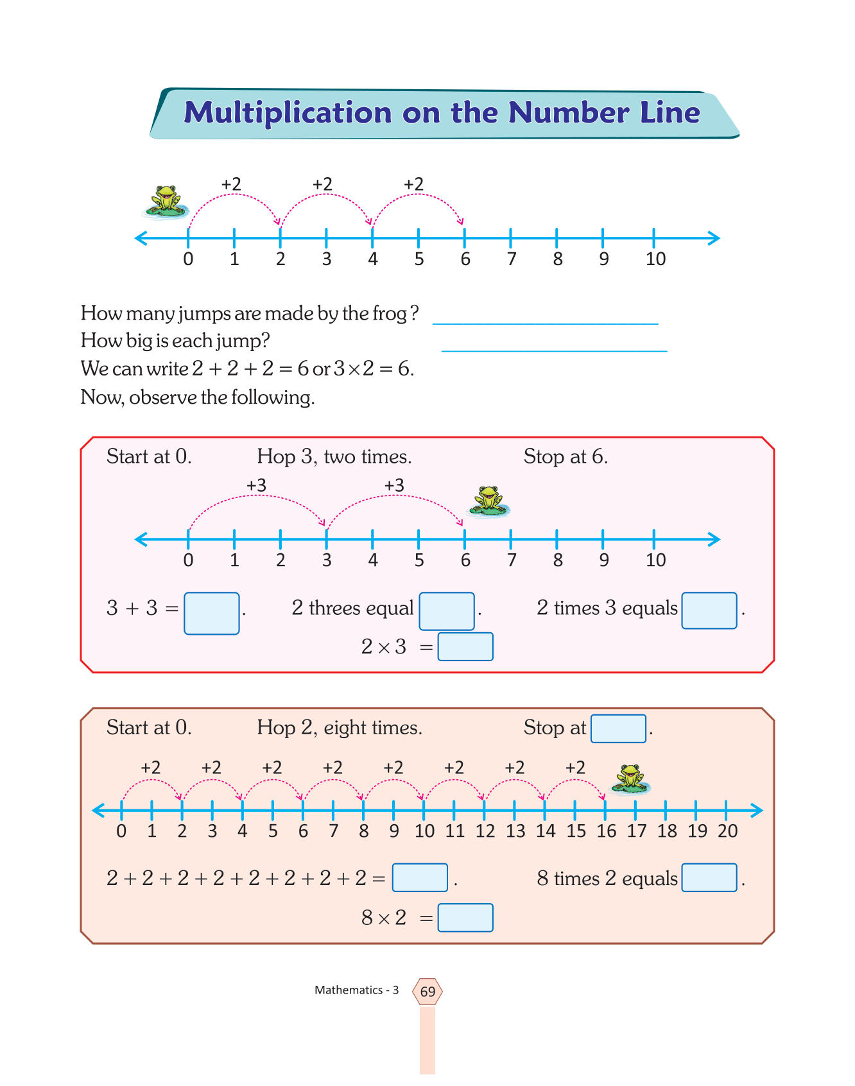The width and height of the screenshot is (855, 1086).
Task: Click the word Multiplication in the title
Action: pyautogui.click(x=288, y=113)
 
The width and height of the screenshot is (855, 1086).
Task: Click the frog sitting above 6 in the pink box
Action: pyautogui.click(x=488, y=501)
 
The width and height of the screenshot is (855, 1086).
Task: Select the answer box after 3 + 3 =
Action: pyautogui.click(x=211, y=614)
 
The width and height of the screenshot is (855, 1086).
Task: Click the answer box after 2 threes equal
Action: pyautogui.click(x=447, y=611)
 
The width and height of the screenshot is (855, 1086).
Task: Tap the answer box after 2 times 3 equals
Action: pyautogui.click(x=709, y=610)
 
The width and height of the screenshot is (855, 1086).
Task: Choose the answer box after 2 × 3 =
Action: pyautogui.click(x=465, y=647)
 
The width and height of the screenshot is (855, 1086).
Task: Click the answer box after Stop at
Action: pyautogui.click(x=618, y=728)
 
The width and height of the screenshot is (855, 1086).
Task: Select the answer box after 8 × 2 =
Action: pyautogui.click(x=465, y=918)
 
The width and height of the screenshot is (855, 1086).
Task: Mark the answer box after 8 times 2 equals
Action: pyautogui.click(x=709, y=878)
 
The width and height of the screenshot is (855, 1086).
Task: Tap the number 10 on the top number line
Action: pyautogui.click(x=655, y=259)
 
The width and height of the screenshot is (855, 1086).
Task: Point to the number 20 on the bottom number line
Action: pyautogui.click(x=727, y=831)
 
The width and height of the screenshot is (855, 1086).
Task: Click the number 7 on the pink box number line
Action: pyautogui.click(x=512, y=560)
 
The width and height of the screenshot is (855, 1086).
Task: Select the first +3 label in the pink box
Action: pyautogui.click(x=256, y=485)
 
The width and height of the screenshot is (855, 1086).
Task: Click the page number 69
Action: pyautogui.click(x=427, y=992)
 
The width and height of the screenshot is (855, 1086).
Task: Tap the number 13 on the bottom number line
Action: pyautogui.click(x=515, y=831)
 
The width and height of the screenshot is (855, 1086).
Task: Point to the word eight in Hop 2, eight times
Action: pyautogui.click(x=345, y=728)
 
